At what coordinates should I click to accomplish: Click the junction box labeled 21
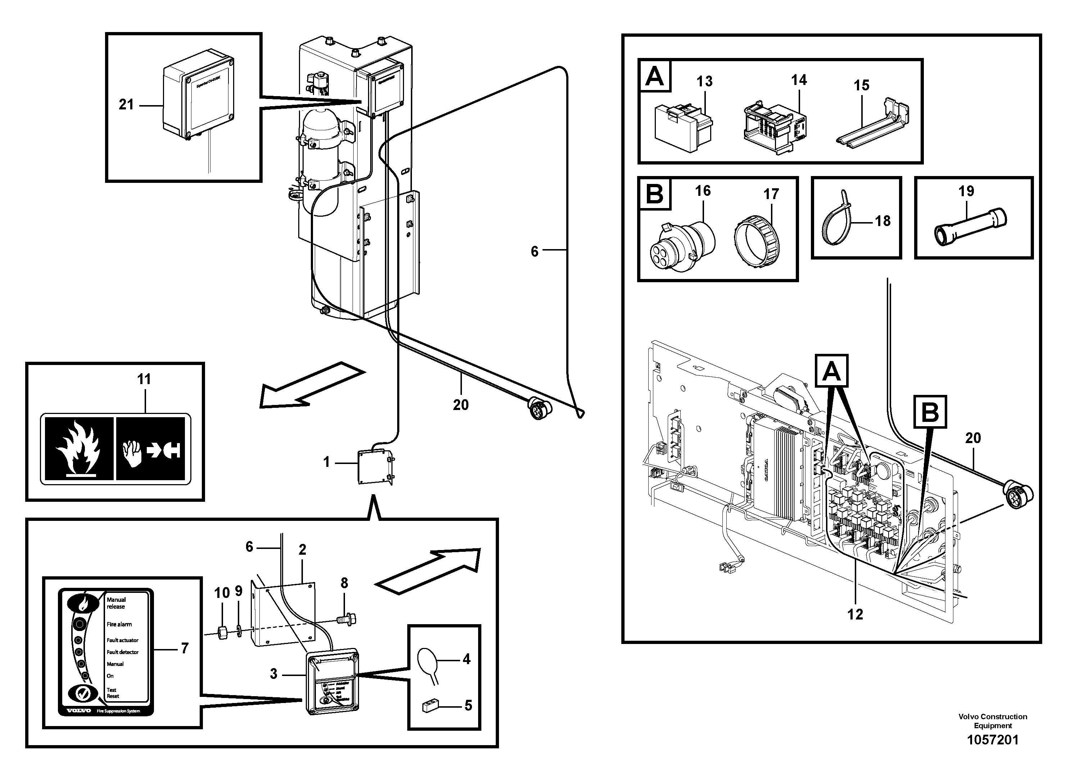pyautogui.click(x=198, y=99)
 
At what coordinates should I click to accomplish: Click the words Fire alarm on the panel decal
pyautogui.click(x=119, y=624)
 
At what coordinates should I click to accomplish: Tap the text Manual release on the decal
pyautogui.click(x=116, y=603)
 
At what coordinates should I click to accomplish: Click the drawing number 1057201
pyautogui.click(x=993, y=740)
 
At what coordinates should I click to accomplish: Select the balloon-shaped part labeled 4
pyautogui.click(x=428, y=664)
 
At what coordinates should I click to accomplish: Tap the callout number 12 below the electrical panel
pyautogui.click(x=855, y=614)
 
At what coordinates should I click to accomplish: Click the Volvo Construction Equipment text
pyautogui.click(x=993, y=721)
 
